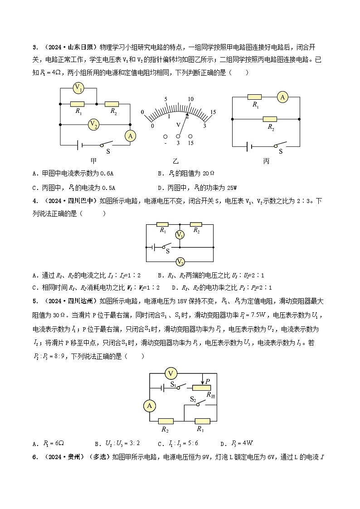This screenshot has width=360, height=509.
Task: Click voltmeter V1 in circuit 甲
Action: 78,88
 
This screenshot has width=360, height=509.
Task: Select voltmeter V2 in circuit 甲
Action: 93,124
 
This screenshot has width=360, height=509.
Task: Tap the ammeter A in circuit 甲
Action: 130,136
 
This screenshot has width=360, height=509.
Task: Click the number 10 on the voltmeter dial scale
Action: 190,99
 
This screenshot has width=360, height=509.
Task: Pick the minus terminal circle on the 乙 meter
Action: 165,136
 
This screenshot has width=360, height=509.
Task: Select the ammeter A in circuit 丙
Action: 283,97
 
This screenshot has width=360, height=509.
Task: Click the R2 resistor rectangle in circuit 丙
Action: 270,119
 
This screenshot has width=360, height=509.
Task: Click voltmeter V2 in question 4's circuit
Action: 180,262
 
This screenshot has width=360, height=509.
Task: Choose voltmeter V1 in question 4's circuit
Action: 180,235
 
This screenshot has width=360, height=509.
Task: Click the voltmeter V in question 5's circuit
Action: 171,373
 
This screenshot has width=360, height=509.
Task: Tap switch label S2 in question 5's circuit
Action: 193,400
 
